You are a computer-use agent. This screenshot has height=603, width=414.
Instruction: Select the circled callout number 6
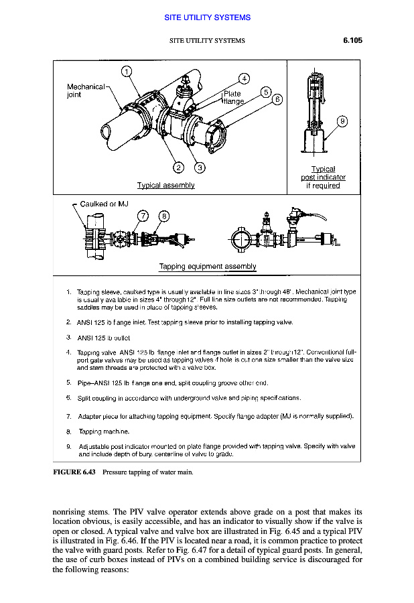[x=277, y=100]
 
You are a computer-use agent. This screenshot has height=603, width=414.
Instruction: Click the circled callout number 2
[x=178, y=167]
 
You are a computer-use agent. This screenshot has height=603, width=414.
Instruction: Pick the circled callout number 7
[x=142, y=216]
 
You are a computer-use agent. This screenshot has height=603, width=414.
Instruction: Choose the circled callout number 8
[x=163, y=216]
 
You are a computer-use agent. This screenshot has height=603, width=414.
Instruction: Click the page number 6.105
[x=352, y=40]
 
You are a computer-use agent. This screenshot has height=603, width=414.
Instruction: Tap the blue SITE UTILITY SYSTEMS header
[x=207, y=17]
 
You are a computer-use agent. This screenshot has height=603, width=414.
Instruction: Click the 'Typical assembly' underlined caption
[x=165, y=186]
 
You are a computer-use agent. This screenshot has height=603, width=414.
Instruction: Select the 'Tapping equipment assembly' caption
[x=208, y=267]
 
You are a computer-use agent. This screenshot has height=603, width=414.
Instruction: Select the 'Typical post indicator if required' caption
[x=323, y=178]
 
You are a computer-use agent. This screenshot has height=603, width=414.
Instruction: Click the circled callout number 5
[x=266, y=92]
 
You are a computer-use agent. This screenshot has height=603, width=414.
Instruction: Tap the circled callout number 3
[x=200, y=167]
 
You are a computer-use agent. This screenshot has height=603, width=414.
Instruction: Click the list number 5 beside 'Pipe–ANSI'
[x=69, y=383]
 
